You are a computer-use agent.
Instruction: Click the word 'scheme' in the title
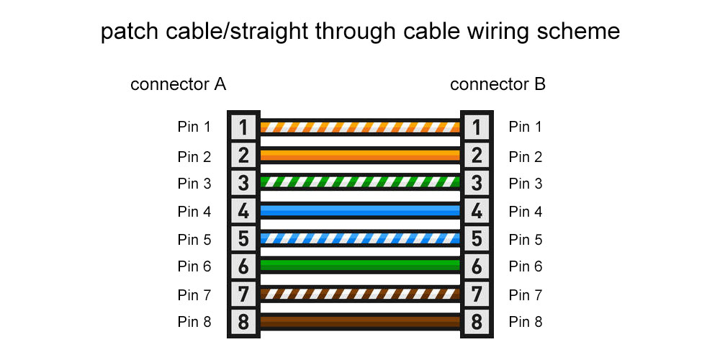581,32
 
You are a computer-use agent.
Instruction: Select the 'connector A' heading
179,84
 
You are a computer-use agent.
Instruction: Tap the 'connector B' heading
498,84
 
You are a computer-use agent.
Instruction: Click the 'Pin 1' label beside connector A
194,127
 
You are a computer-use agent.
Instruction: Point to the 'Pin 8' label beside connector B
526,322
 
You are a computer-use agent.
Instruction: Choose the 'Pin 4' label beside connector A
194,212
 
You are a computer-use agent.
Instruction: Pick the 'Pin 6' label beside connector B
526,266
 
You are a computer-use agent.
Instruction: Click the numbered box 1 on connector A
243,127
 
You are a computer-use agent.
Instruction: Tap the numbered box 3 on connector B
476,183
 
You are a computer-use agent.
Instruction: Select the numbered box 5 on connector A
243,238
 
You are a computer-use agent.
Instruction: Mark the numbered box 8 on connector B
476,322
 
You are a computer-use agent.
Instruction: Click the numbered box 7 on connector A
243,294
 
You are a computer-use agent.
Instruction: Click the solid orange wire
360,155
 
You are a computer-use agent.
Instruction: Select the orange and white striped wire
360,127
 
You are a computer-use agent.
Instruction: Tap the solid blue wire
360,210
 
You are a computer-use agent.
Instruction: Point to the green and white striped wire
360,182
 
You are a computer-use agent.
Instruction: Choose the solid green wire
360,266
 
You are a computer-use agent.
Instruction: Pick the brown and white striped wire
360,294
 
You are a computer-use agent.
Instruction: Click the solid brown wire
360,321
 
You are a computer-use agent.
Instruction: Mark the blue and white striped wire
360,238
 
